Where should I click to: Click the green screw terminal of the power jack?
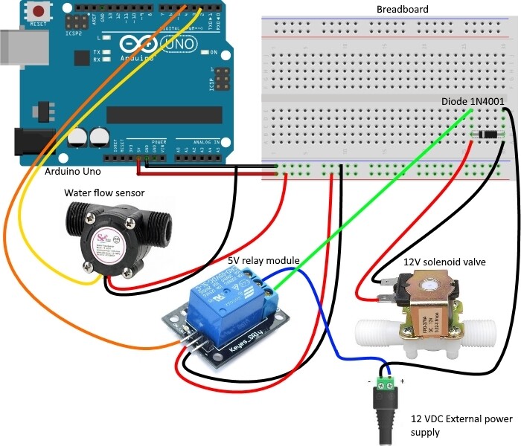[x=386, y=383]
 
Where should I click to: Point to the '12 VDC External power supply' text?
[x=461, y=425]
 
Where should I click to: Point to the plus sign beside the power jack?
[x=402, y=381]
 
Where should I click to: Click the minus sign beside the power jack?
[x=370, y=381]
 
